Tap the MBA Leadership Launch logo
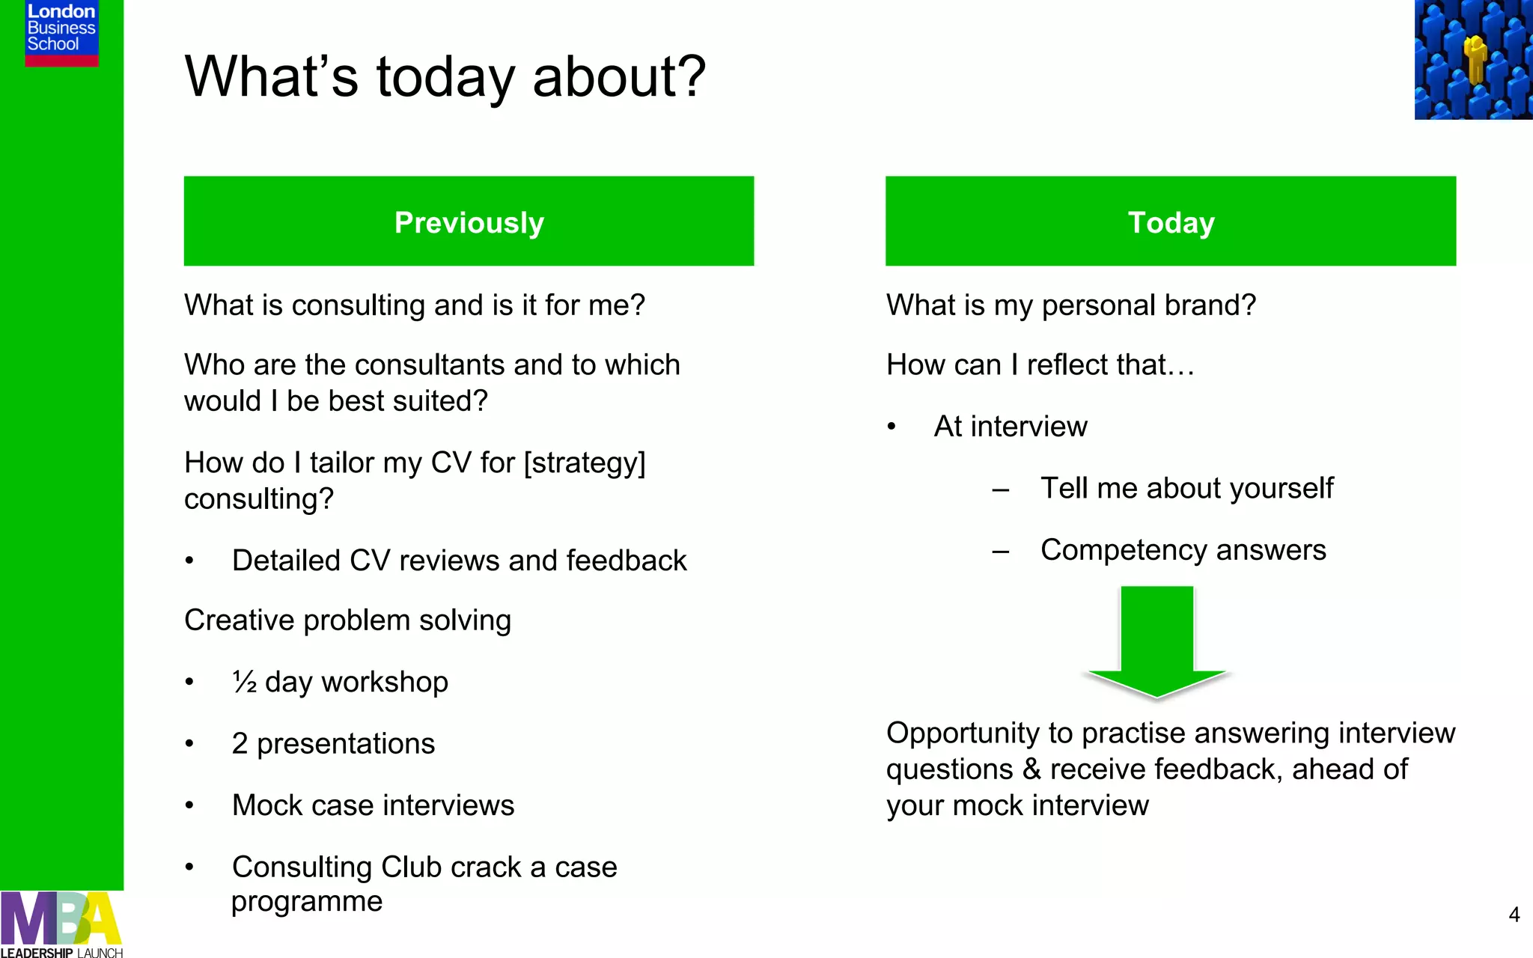point(61,925)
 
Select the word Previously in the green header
point(469,223)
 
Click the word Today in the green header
point(1171,223)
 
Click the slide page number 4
point(1514,915)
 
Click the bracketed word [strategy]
point(585,463)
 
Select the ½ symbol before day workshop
point(245,682)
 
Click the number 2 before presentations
point(240,744)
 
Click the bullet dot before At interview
point(892,427)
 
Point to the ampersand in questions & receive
point(1031,769)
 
